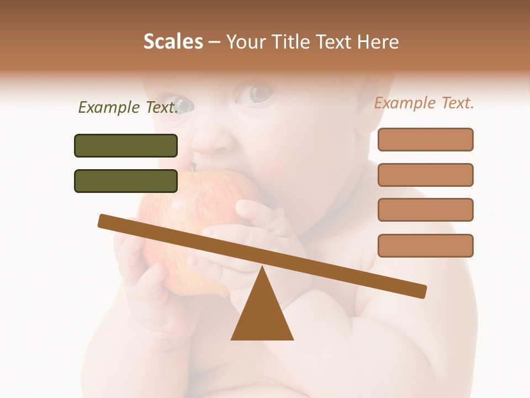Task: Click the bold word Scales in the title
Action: [173, 41]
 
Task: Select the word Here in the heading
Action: [378, 41]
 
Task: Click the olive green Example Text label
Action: [128, 107]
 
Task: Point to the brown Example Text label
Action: [424, 103]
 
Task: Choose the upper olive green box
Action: [126, 145]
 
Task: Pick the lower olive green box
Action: [126, 181]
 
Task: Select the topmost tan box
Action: [425, 139]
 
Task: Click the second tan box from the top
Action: [425, 175]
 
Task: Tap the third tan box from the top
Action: [425, 210]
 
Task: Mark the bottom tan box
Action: [425, 245]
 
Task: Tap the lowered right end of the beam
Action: [422, 291]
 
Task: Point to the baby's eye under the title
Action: [255, 93]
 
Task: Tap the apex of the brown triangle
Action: [262, 268]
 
